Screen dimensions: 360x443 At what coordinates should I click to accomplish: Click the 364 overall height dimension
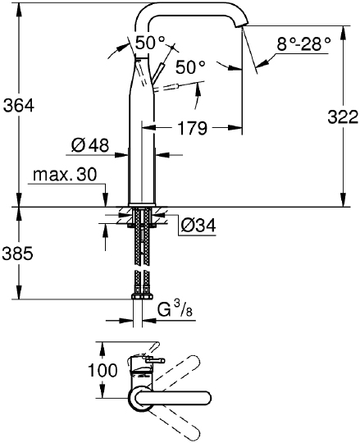tap(19, 105)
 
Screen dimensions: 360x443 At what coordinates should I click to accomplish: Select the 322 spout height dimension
tap(343, 116)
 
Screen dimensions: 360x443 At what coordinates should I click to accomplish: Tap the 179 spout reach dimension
tap(192, 128)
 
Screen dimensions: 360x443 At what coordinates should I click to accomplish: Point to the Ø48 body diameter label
tap(89, 146)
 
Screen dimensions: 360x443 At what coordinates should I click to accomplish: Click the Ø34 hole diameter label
tap(198, 226)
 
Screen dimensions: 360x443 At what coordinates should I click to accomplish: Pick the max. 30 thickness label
tap(65, 175)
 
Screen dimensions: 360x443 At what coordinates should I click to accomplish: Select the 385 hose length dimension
tap(17, 254)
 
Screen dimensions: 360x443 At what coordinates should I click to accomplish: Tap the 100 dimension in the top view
tap(103, 369)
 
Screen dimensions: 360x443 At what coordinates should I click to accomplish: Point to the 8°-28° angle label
tap(303, 44)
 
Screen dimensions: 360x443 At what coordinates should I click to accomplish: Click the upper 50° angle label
tap(150, 43)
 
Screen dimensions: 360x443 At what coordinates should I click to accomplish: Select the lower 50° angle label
tap(190, 67)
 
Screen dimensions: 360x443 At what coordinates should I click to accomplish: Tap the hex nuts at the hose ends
tap(143, 296)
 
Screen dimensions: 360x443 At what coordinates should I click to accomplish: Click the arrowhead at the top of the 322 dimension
tap(343, 31)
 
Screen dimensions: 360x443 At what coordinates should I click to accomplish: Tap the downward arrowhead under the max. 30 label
tap(105, 201)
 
